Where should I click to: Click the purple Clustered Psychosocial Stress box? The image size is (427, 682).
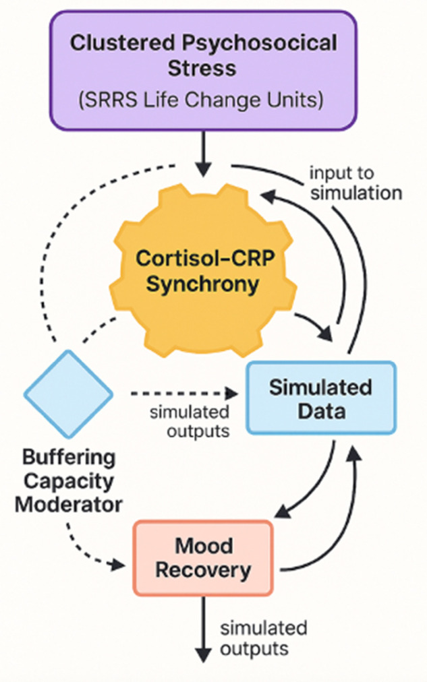[203, 71]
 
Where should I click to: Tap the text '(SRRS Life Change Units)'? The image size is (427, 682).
[201, 100]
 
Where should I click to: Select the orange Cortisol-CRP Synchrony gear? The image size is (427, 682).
[203, 270]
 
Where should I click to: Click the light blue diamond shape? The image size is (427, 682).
[68, 394]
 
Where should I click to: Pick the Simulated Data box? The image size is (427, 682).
[321, 398]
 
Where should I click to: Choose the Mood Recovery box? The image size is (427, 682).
[203, 557]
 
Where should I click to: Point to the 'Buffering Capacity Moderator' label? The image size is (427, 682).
[69, 481]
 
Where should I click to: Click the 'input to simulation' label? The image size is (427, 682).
[355, 183]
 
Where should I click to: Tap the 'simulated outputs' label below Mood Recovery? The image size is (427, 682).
[263, 638]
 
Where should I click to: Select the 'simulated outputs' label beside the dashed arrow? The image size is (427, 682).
[190, 421]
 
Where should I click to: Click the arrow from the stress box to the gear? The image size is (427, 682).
[203, 154]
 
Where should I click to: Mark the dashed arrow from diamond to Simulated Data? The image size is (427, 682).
[184, 394]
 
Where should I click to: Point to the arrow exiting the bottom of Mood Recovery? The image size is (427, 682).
[203, 629]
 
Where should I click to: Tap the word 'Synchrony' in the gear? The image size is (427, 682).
[203, 284]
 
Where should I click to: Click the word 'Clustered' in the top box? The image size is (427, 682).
[122, 43]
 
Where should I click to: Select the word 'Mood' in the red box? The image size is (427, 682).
[204, 545]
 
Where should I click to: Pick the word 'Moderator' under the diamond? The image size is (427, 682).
[69, 505]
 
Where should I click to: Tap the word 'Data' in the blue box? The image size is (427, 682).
[322, 410]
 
